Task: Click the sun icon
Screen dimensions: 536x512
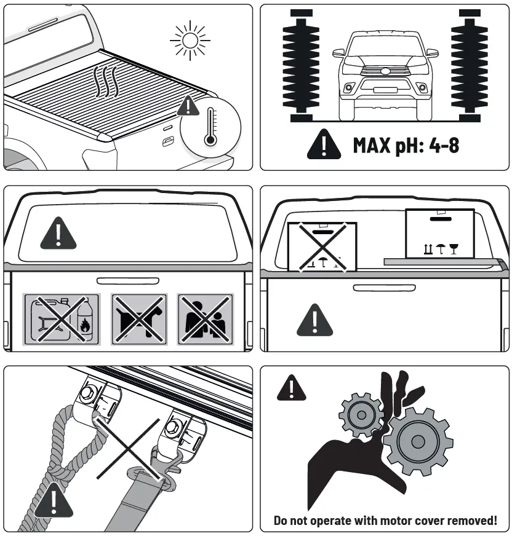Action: coord(190,41)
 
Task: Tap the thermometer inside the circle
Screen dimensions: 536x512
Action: coord(211,127)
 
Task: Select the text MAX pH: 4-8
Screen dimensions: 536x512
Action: coord(406,145)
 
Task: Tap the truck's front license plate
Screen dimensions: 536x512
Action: coord(385,90)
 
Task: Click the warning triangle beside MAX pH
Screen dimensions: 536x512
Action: coord(324,145)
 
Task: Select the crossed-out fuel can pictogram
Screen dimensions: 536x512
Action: coord(62,318)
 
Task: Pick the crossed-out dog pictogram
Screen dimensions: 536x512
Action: coord(138,318)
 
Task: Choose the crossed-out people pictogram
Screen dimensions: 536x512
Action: coord(206,318)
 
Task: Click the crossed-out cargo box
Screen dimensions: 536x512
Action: coord(322,246)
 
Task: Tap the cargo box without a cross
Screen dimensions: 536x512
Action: coord(440,234)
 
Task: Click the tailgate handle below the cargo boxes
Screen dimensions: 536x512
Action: coord(375,287)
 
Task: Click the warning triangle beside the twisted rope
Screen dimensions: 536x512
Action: coord(54,500)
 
